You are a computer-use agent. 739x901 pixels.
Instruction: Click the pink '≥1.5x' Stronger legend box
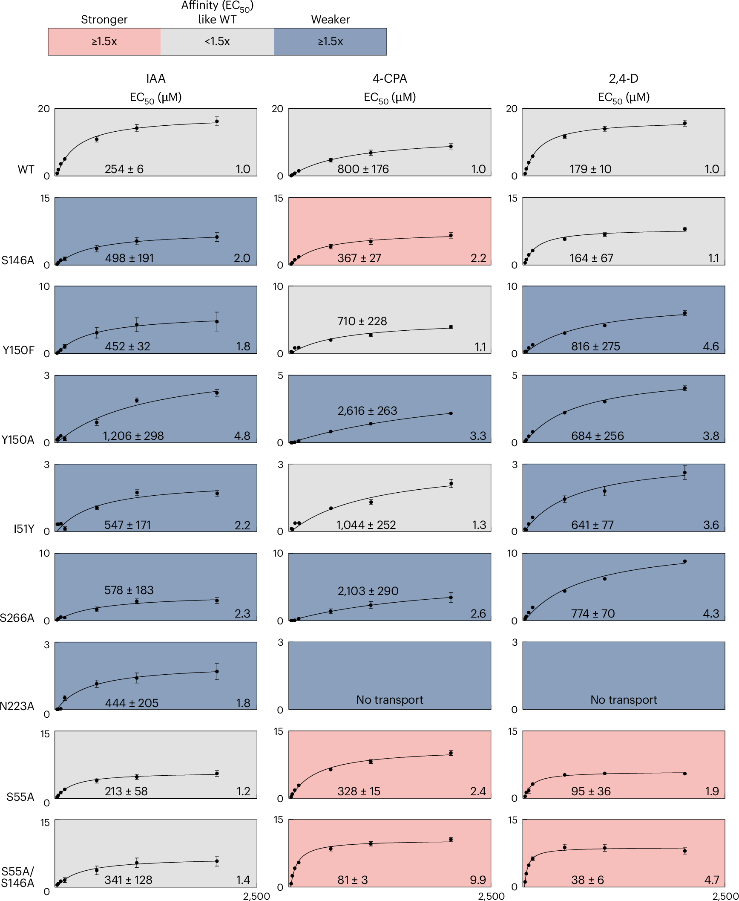point(104,41)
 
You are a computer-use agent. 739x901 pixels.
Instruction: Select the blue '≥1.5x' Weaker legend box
point(330,41)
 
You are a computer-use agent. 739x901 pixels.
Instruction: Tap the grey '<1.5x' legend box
point(217,41)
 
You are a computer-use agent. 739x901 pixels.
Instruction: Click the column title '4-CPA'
point(389,78)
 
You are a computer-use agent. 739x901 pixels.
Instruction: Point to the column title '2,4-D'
point(623,78)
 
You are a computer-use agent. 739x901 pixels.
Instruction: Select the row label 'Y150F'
point(18,350)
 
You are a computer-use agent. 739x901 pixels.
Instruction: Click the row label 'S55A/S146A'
point(17,877)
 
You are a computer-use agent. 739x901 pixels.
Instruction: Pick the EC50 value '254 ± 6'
point(124,169)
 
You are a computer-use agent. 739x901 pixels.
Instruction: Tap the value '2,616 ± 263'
point(367,410)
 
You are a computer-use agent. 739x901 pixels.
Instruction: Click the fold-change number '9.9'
point(478,880)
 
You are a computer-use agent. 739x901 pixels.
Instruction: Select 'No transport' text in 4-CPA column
point(389,699)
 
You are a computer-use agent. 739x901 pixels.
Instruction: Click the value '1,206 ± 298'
point(133,436)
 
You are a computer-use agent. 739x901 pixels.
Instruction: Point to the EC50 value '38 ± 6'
point(587,880)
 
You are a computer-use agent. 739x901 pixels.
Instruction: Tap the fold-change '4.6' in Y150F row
point(711,346)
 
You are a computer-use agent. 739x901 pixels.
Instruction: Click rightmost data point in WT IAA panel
point(217,121)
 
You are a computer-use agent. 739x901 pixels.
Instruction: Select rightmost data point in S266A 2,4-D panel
point(684,561)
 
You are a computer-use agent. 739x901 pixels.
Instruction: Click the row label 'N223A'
point(17,706)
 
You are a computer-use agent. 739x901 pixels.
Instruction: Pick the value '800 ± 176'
point(363,169)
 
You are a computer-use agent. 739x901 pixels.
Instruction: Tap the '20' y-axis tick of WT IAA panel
point(44,109)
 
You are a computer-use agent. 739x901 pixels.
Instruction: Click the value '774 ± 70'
point(593,613)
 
